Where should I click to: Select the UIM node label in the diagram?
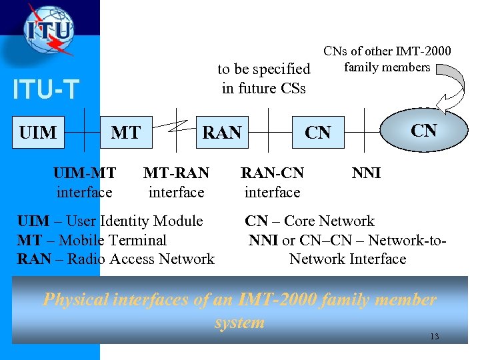pyautogui.click(x=38, y=133)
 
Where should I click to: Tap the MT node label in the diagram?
pyautogui.click(x=125, y=133)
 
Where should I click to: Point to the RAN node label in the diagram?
pyautogui.click(x=222, y=133)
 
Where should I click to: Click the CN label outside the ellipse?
pyautogui.click(x=317, y=133)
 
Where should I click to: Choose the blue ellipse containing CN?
pyautogui.click(x=423, y=130)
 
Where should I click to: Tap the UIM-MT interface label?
pyautogui.click(x=85, y=183)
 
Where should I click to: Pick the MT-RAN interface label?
pyautogui.click(x=176, y=183)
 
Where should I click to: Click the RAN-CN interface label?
pyautogui.click(x=272, y=183)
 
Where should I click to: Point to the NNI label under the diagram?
pyautogui.click(x=366, y=173)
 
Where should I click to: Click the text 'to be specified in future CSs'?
pyautogui.click(x=264, y=78)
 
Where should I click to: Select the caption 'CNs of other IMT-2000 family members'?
pyautogui.click(x=387, y=59)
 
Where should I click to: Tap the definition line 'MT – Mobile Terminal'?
pyautogui.click(x=91, y=240)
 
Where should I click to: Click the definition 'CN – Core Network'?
pyautogui.click(x=309, y=221)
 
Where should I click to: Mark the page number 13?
pyautogui.click(x=434, y=337)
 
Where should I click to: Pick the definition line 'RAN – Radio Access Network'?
pyautogui.click(x=115, y=259)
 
